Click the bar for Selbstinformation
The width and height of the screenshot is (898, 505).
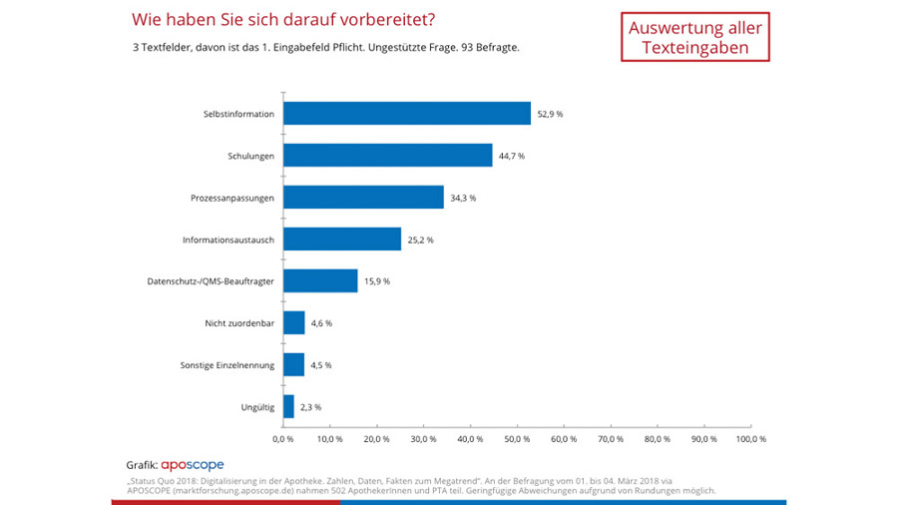(406, 113)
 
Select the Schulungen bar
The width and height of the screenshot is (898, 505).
(387, 155)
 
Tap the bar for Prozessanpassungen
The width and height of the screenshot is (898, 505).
(363, 197)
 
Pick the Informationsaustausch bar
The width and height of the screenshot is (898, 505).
(342, 239)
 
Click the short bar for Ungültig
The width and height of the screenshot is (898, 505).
(288, 406)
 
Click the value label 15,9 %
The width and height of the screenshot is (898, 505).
(376, 281)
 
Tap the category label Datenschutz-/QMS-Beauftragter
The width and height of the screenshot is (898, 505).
(205, 281)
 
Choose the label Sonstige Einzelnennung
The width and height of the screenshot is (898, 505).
(228, 365)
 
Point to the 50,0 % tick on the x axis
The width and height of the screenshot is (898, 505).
(517, 438)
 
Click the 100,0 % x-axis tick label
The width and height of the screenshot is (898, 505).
(749, 438)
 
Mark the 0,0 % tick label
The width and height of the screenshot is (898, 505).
(283, 438)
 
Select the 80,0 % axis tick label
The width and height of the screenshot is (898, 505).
(657, 438)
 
